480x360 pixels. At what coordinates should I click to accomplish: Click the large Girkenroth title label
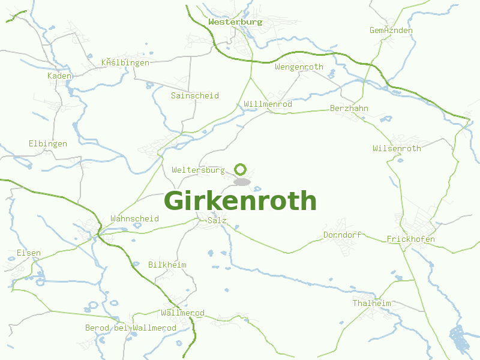pyautogui.click(x=240, y=201)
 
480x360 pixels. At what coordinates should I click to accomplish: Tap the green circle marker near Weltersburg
pyautogui.click(x=240, y=169)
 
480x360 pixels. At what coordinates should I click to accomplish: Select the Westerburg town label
pyautogui.click(x=235, y=22)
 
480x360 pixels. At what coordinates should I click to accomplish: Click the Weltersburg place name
pyautogui.click(x=198, y=170)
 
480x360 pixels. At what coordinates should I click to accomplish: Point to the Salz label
pyautogui.click(x=217, y=221)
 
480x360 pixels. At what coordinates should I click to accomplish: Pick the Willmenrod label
pyautogui.click(x=268, y=104)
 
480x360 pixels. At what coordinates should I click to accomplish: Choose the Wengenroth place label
pyautogui.click(x=299, y=67)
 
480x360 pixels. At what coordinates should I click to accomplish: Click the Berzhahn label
pyautogui.click(x=349, y=109)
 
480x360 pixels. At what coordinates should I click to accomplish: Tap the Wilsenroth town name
pyautogui.click(x=397, y=148)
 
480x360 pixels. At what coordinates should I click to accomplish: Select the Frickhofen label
pyautogui.click(x=411, y=239)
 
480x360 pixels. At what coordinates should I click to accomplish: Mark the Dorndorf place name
pyautogui.click(x=342, y=235)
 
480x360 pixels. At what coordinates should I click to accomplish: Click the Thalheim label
pyautogui.click(x=371, y=304)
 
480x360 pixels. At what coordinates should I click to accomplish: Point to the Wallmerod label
pyautogui.click(x=182, y=313)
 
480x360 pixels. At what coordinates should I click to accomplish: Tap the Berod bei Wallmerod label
pyautogui.click(x=131, y=328)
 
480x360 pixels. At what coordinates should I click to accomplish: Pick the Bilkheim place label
pyautogui.click(x=167, y=265)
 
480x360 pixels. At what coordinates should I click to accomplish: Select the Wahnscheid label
pyautogui.click(x=134, y=219)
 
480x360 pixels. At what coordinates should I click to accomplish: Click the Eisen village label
pyautogui.click(x=29, y=253)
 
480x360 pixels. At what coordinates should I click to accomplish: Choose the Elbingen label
pyautogui.click(x=48, y=144)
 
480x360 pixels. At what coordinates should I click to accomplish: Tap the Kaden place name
pyautogui.click(x=59, y=76)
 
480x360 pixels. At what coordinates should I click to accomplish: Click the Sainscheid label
pyautogui.click(x=194, y=96)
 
